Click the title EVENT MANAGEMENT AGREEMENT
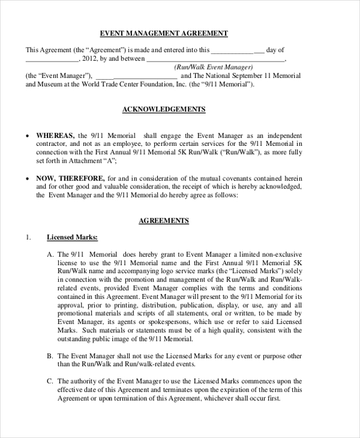pyautogui.click(x=163, y=33)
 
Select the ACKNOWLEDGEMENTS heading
pyautogui.click(x=164, y=109)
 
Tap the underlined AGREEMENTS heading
pyautogui.click(x=164, y=221)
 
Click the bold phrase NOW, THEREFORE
pyautogui.click(x=71, y=179)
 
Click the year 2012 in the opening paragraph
pyautogui.click(x=88, y=59)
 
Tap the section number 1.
pyautogui.click(x=28, y=237)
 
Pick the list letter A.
pyautogui.click(x=50, y=254)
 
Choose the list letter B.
pyautogui.click(x=50, y=356)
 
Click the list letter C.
pyautogui.click(x=50, y=381)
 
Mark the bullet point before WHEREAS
pyautogui.click(x=28, y=136)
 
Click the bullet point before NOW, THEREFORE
pyautogui.click(x=28, y=179)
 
